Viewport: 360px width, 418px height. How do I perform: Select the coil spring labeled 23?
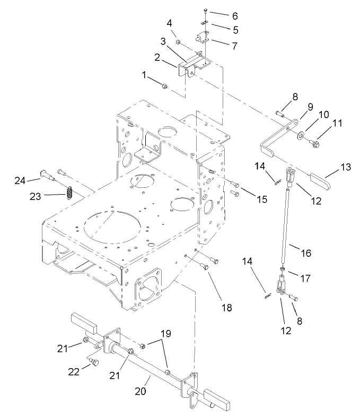(68, 192)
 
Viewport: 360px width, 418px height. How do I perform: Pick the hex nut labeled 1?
(165, 85)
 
